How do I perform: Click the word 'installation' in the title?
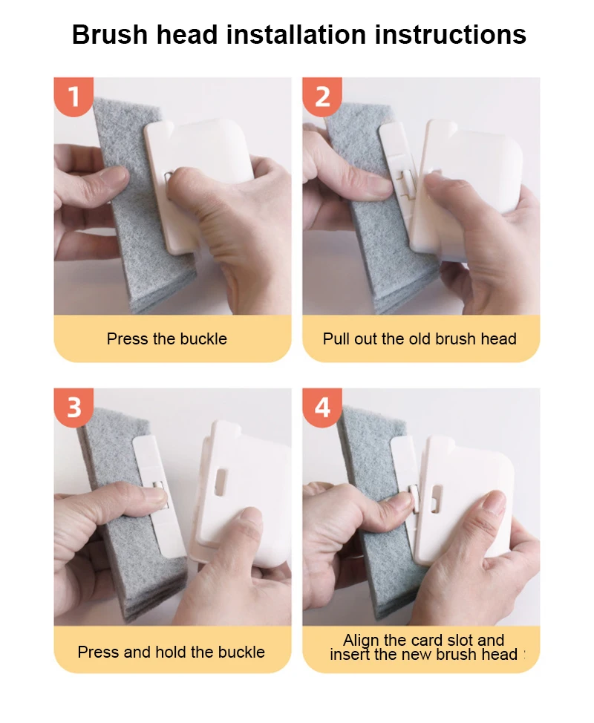coord(296,34)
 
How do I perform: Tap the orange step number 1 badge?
coord(74,96)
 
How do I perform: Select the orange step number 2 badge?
coord(322,96)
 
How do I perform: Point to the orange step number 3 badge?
coord(74,408)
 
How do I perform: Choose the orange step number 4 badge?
coord(322,408)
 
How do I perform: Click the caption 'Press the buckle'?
coord(167,339)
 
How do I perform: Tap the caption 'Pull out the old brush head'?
coord(420,339)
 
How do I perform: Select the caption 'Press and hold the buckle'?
coord(171,652)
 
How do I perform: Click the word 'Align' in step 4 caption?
coord(361,640)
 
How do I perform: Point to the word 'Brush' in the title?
coord(110,34)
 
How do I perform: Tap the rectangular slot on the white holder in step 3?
coord(221,482)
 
